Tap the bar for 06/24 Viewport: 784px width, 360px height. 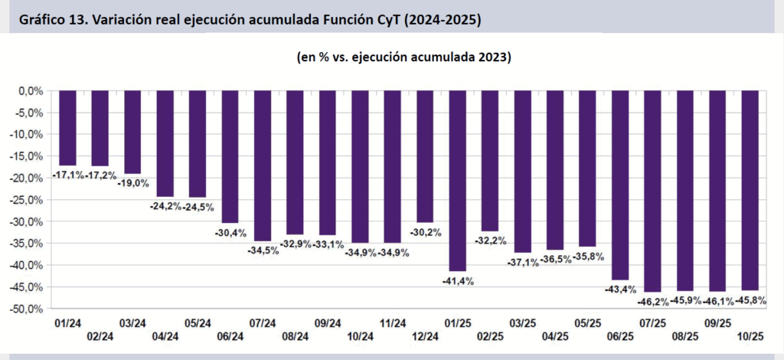tap(230, 156)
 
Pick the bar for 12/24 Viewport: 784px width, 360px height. tap(426, 156)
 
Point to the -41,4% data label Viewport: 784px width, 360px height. tap(458, 281)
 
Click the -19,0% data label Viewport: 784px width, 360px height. tap(132, 184)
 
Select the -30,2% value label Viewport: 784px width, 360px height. tap(426, 232)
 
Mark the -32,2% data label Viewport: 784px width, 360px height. tap(491, 241)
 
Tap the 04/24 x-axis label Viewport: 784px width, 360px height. tap(165, 336)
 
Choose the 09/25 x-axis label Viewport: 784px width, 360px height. tap(718, 324)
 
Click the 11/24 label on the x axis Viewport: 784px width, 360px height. tap(393, 324)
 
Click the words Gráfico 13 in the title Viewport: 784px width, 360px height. tap(52, 21)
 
